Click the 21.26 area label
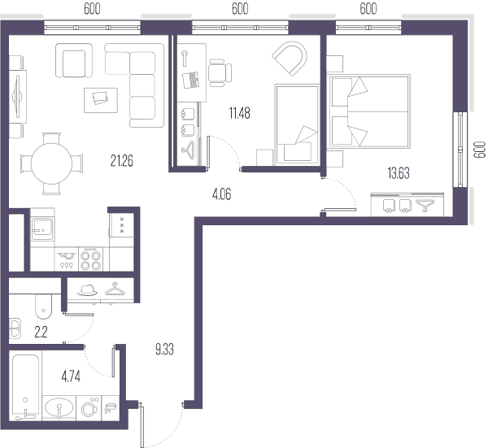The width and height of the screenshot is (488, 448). (122, 161)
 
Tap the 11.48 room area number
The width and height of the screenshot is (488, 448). (239, 113)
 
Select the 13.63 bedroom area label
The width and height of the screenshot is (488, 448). (399, 173)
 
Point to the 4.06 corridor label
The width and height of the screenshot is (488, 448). (221, 194)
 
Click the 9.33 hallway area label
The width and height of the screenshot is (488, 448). (164, 350)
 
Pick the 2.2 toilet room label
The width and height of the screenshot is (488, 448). (41, 333)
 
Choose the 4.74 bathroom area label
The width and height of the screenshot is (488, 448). (71, 376)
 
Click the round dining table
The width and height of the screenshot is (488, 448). (52, 163)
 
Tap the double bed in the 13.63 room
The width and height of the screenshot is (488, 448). (369, 111)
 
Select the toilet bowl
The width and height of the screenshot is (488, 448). (44, 307)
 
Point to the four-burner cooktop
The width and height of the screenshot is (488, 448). (90, 260)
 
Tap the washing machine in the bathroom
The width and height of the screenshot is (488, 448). (89, 408)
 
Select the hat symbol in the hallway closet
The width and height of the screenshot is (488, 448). (88, 290)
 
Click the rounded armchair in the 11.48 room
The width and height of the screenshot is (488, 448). (290, 59)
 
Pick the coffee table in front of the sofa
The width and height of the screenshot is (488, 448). (101, 100)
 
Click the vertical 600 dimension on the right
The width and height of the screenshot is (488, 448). (480, 150)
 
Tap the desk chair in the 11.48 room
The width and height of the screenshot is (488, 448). (220, 73)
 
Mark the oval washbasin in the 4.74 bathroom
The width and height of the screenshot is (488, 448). (59, 407)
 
